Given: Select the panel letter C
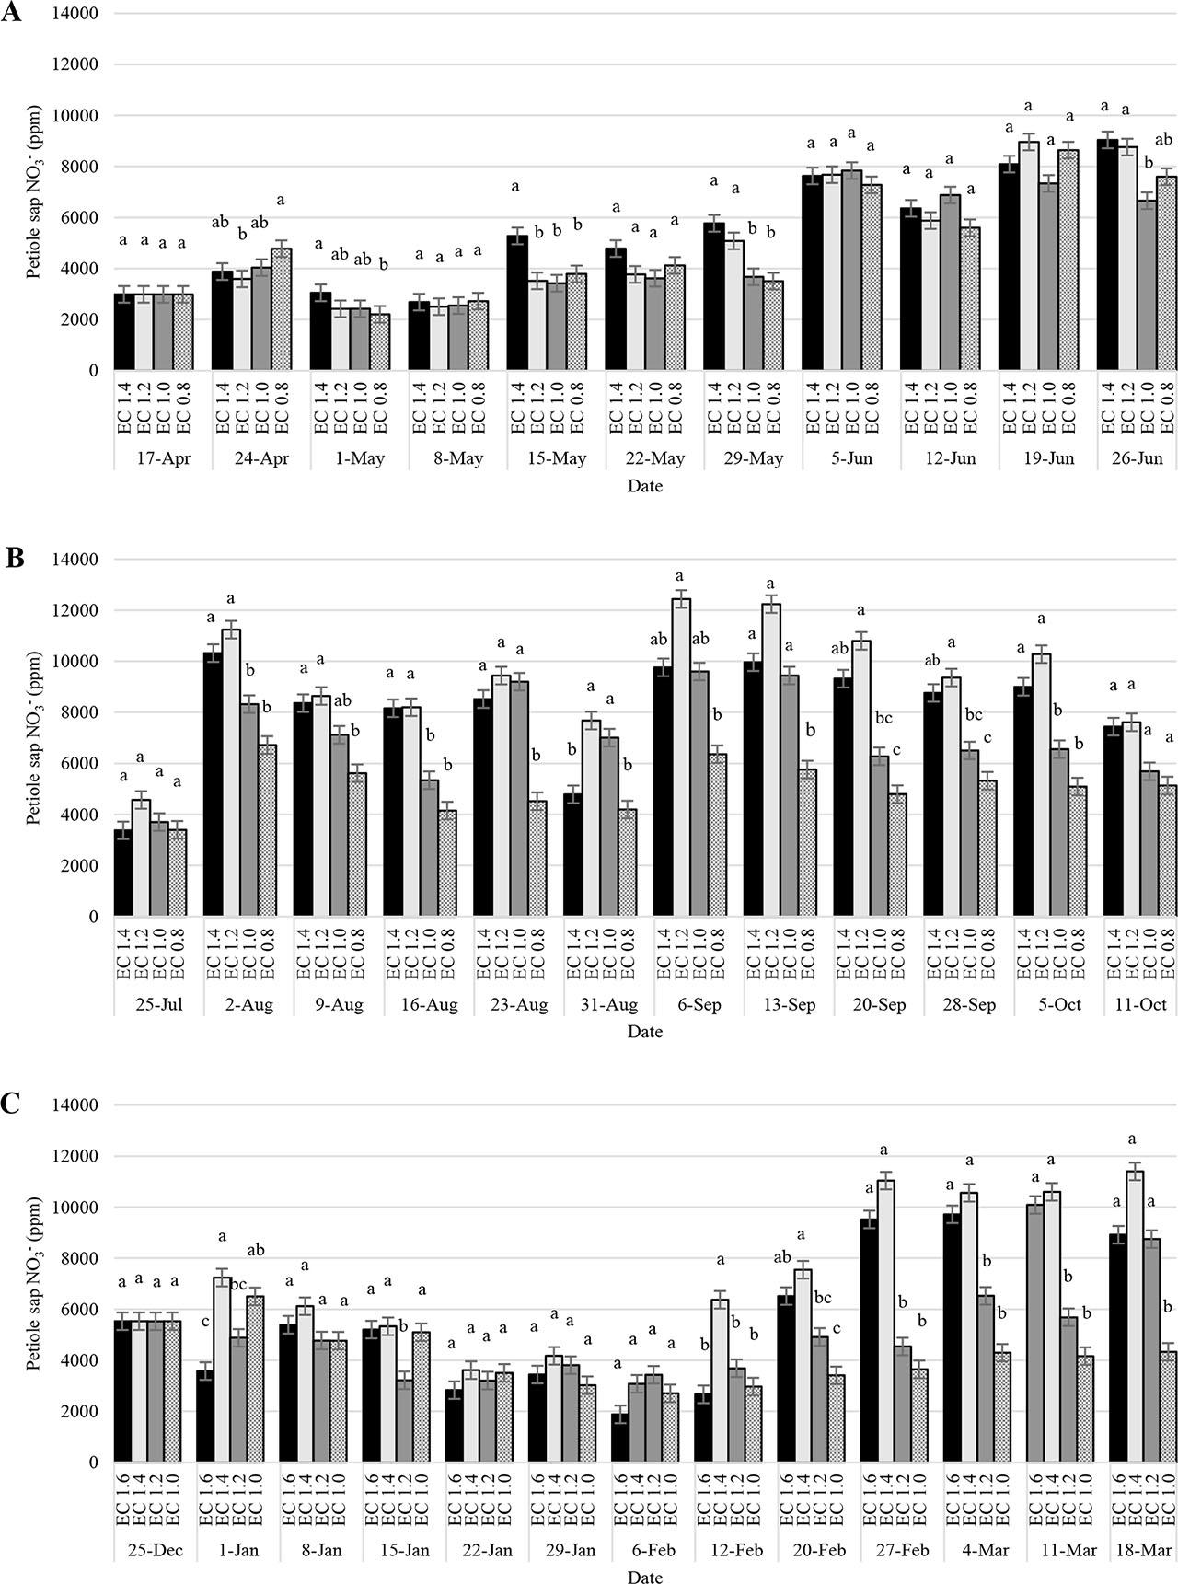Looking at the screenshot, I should click(12, 1104).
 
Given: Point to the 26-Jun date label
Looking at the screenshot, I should click(1138, 458).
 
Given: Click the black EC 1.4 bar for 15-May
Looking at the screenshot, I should click(517, 304).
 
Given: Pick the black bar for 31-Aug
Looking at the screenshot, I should click(572, 855).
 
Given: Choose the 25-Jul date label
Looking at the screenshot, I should click(160, 1004).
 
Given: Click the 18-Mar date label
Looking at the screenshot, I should click(1143, 1550).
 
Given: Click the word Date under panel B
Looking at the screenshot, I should click(644, 1032).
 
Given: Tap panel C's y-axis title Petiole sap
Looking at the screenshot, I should click(35, 1284).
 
